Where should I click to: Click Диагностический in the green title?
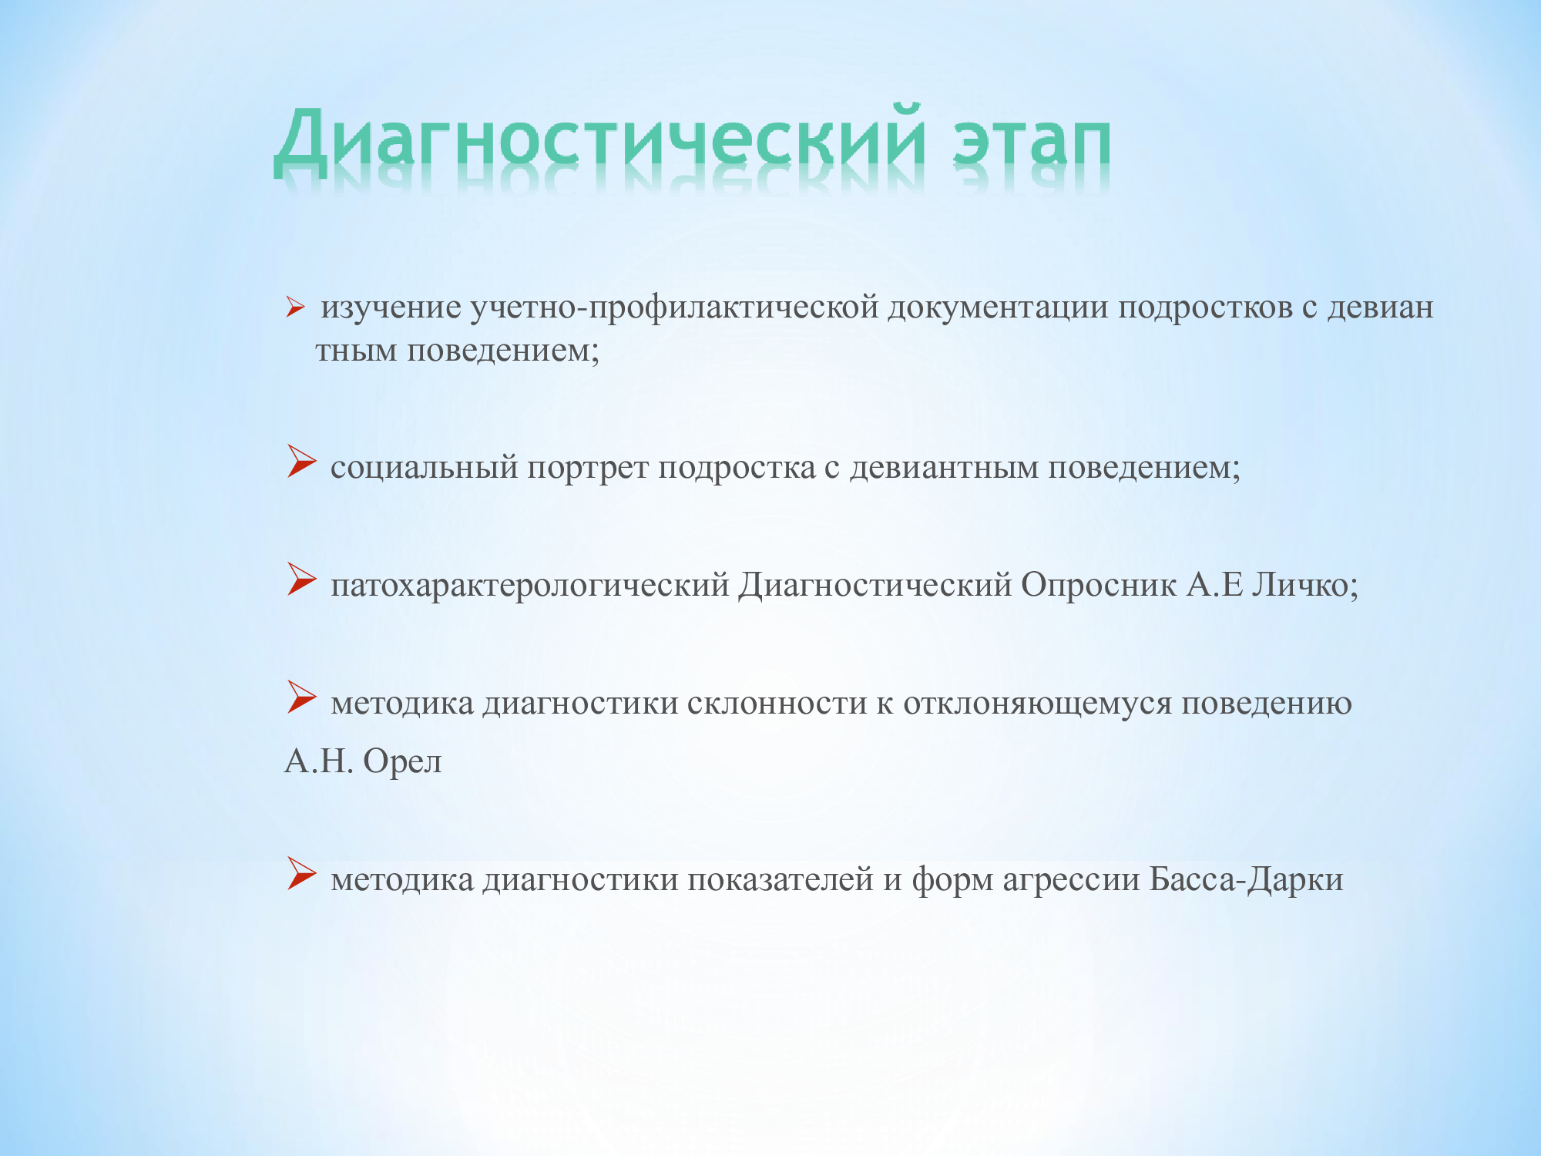tap(599, 139)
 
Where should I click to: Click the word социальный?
tap(424, 468)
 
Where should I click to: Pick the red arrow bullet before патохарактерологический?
tap(301, 579)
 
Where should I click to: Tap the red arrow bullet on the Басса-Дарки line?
tap(301, 873)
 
